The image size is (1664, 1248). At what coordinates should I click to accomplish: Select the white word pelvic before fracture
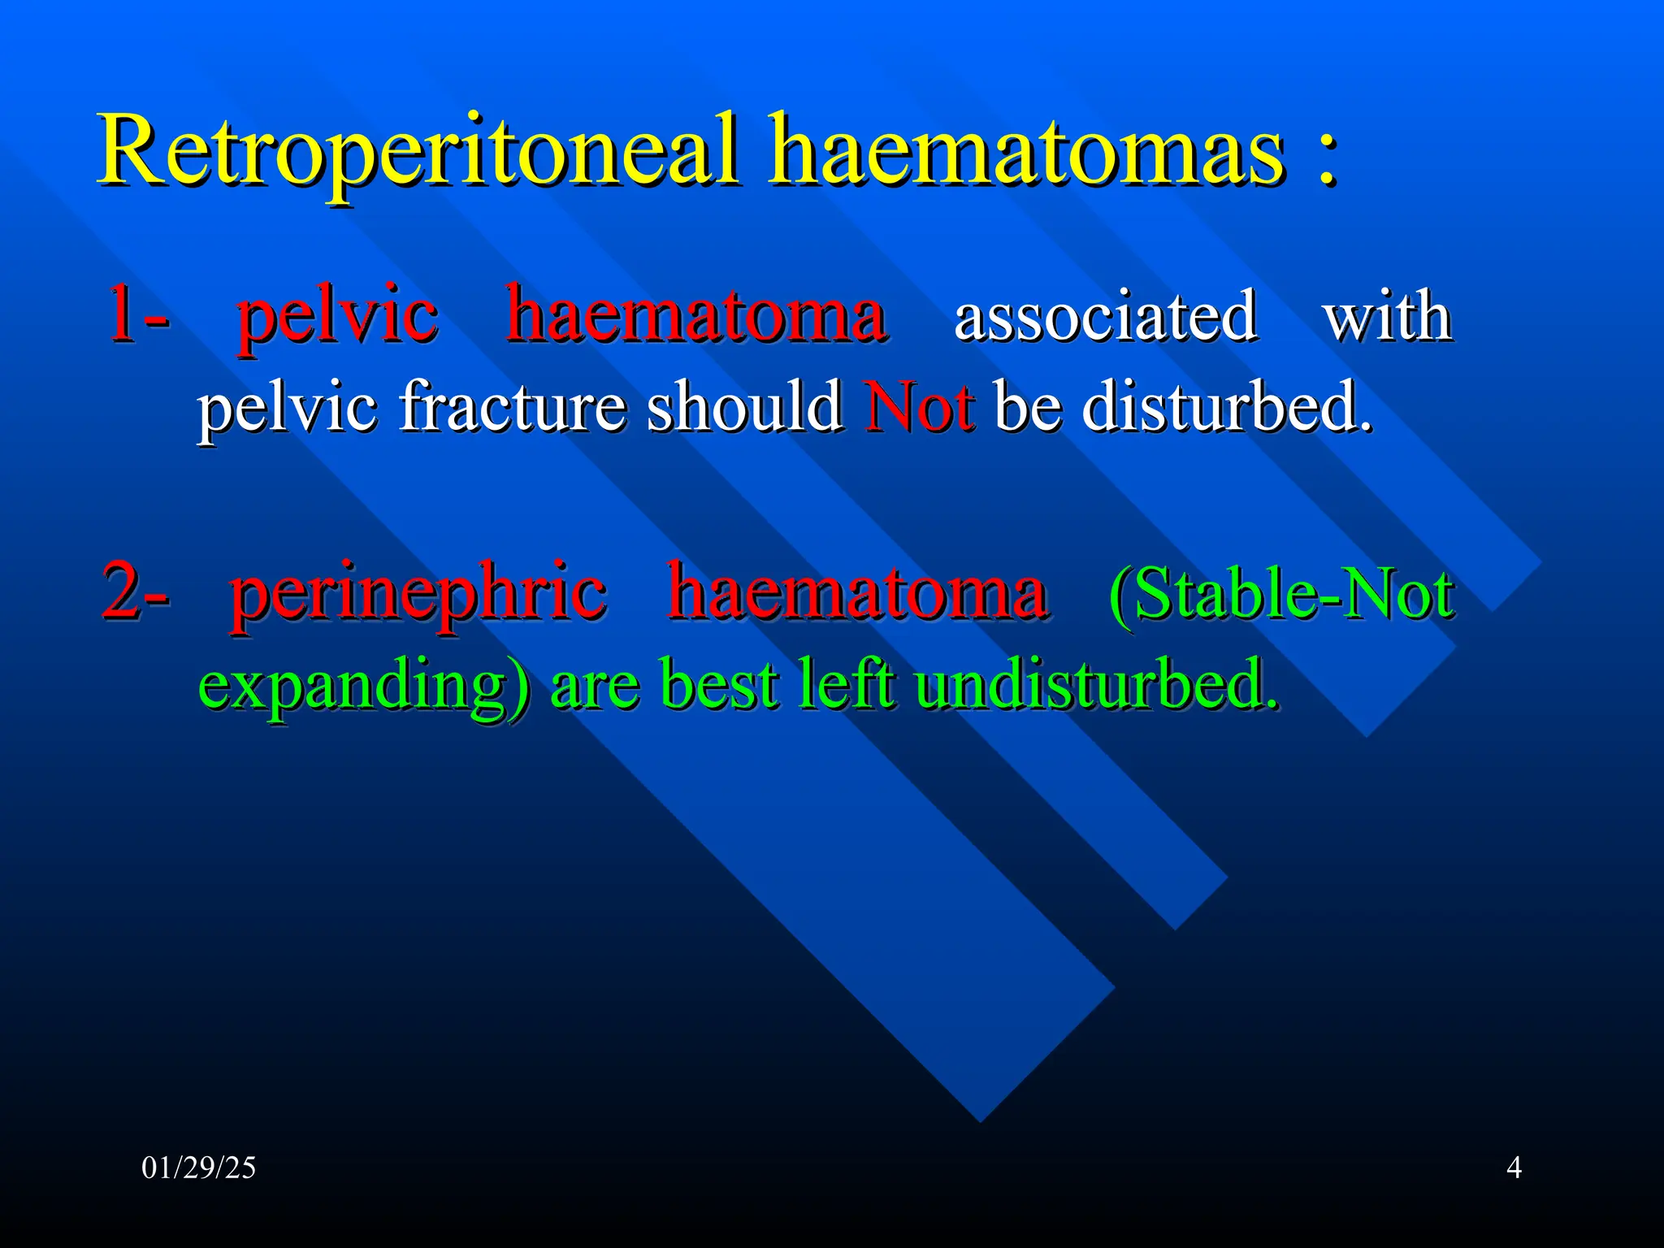tap(288, 409)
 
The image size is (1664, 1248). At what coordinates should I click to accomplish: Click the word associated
tap(1105, 317)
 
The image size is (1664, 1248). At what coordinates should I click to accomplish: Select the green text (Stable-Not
tap(1281, 595)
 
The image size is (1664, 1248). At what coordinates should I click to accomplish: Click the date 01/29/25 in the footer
tap(198, 1168)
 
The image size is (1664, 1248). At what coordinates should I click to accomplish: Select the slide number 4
tap(1514, 1168)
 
